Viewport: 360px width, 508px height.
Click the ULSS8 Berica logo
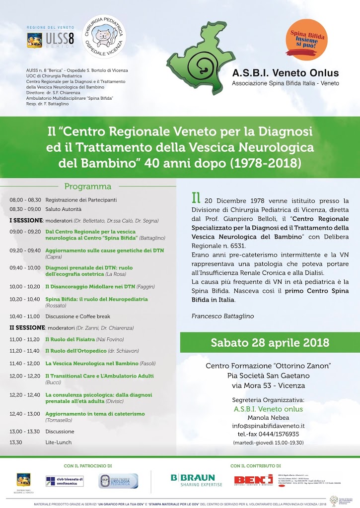(x=50, y=39)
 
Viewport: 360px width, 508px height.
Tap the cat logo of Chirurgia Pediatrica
(x=103, y=36)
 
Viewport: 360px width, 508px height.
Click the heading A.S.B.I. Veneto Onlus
(x=285, y=73)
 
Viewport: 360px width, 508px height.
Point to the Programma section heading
(x=87, y=187)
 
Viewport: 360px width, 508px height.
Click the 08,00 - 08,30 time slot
(x=25, y=200)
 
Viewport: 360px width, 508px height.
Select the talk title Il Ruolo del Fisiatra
(x=70, y=339)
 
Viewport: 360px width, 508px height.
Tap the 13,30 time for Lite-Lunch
(x=16, y=442)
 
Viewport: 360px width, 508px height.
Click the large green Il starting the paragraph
(x=196, y=198)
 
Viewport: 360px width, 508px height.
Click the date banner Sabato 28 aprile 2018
(x=270, y=342)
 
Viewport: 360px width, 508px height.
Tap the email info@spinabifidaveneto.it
(x=269, y=426)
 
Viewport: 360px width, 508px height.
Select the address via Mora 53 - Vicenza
(x=269, y=385)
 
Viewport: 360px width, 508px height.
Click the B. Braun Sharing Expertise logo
(x=193, y=480)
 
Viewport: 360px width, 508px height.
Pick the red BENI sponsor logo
(x=253, y=480)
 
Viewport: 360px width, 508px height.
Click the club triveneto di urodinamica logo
(x=65, y=481)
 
